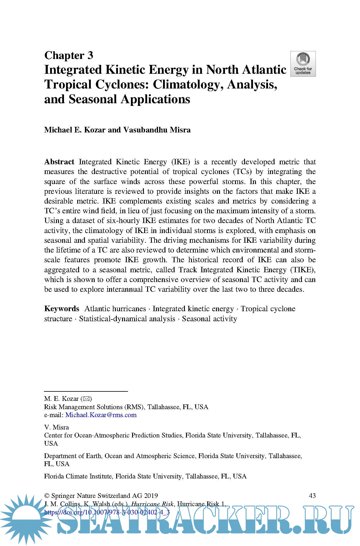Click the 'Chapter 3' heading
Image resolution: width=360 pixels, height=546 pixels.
tap(69, 55)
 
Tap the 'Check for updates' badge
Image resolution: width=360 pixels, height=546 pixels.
tap(303, 64)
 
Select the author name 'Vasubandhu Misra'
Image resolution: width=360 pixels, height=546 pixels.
tap(157, 130)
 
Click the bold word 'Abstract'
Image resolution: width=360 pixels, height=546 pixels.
tap(59, 162)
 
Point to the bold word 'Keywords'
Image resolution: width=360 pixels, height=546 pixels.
tap(62, 309)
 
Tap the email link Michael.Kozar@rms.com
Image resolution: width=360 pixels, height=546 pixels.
tap(101, 415)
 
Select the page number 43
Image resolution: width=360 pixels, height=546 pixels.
tap(312, 496)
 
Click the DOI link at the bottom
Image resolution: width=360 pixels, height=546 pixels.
tap(107, 512)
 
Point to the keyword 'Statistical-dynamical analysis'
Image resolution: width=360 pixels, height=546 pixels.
tap(127, 319)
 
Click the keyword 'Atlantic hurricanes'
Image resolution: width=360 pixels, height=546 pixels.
tap(115, 309)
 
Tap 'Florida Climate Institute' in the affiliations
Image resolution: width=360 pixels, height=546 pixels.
tap(78, 476)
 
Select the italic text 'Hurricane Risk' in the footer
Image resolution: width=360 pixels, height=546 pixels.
tap(152, 504)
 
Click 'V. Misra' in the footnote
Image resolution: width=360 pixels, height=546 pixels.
tap(56, 427)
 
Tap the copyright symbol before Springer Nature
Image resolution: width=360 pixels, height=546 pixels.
tap(47, 496)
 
